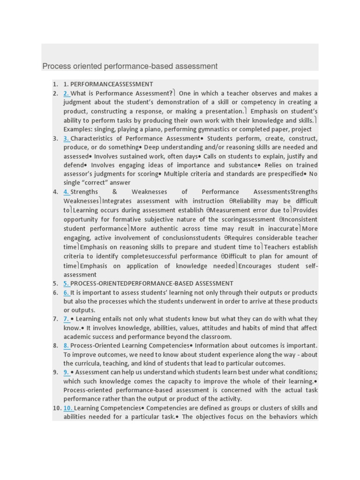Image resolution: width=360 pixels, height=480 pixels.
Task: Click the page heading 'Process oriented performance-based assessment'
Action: (130, 67)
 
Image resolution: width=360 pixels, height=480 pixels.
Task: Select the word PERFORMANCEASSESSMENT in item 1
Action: (112, 84)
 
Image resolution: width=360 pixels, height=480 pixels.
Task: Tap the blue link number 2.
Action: (67, 93)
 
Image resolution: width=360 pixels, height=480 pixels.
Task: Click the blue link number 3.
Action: (67, 138)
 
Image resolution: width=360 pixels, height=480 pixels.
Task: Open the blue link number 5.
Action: (67, 283)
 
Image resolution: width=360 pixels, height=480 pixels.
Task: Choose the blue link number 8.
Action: (67, 345)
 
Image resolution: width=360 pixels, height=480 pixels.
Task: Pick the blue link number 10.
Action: (68, 408)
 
